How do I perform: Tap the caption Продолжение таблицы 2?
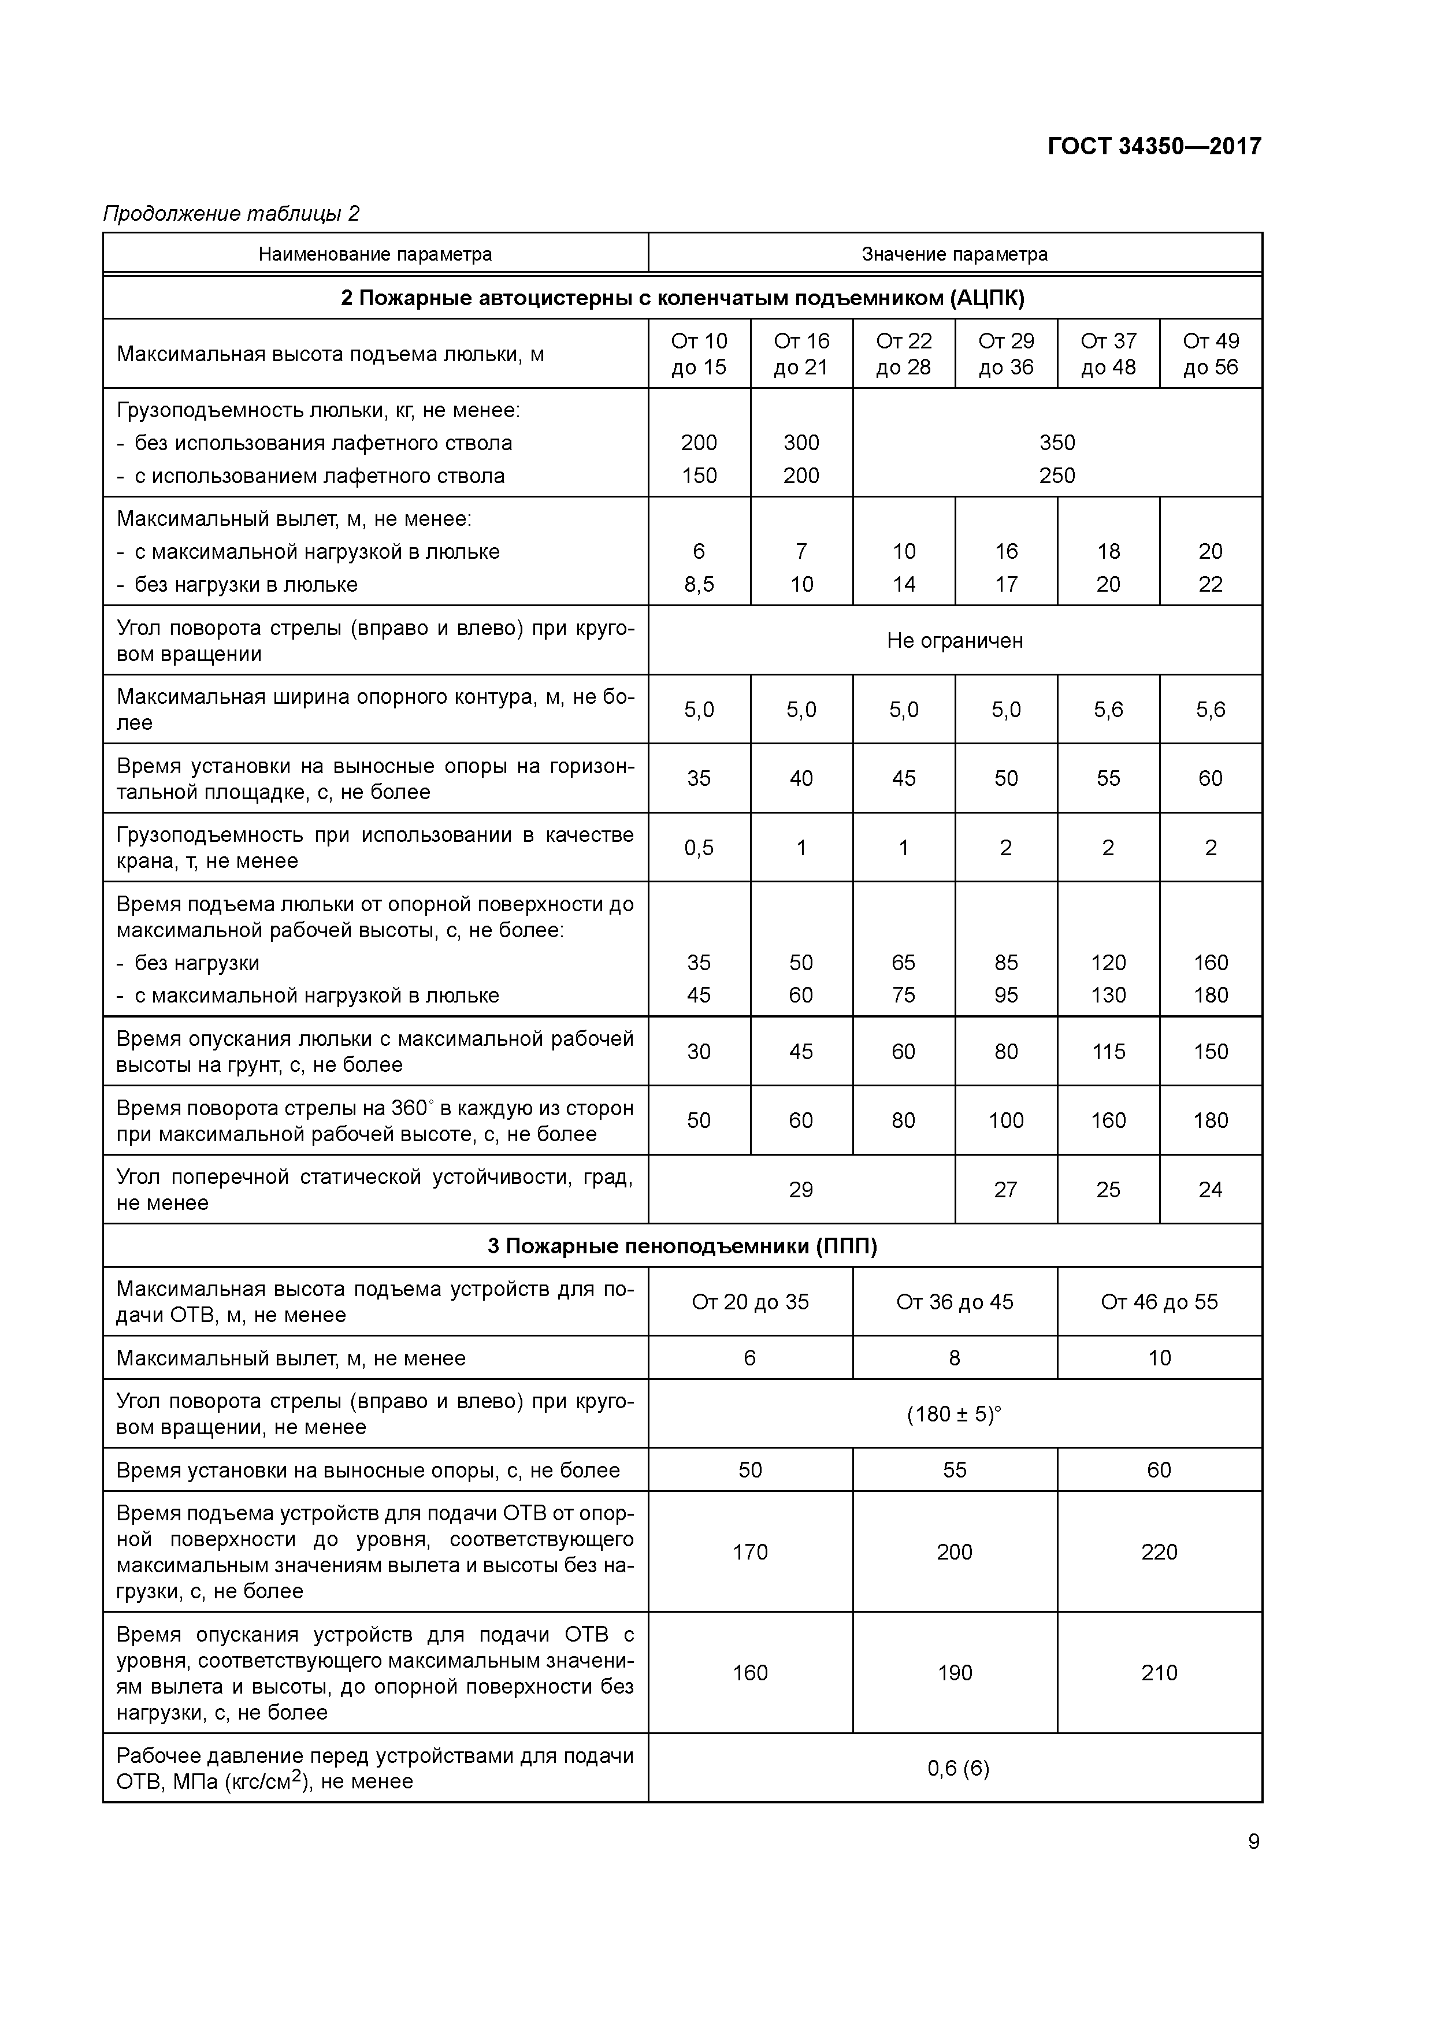coord(231,214)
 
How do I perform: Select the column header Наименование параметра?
coord(375,254)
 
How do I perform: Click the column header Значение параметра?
coord(955,254)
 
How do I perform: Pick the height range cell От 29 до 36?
coord(1005,354)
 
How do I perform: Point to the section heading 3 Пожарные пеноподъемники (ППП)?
coord(682,1246)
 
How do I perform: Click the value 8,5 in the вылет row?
coord(699,584)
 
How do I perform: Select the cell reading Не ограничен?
coord(955,641)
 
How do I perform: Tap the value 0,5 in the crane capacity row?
coord(699,848)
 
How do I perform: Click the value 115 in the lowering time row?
coord(1108,1052)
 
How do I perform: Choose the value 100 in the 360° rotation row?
coord(1005,1120)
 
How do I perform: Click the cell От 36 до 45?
coord(955,1302)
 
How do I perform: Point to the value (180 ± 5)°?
coord(955,1415)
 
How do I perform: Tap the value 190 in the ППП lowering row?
coord(955,1673)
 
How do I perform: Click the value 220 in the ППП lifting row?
coord(1159,1552)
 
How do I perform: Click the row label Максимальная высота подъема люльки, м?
coord(330,354)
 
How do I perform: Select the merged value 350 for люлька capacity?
coord(1057,443)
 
